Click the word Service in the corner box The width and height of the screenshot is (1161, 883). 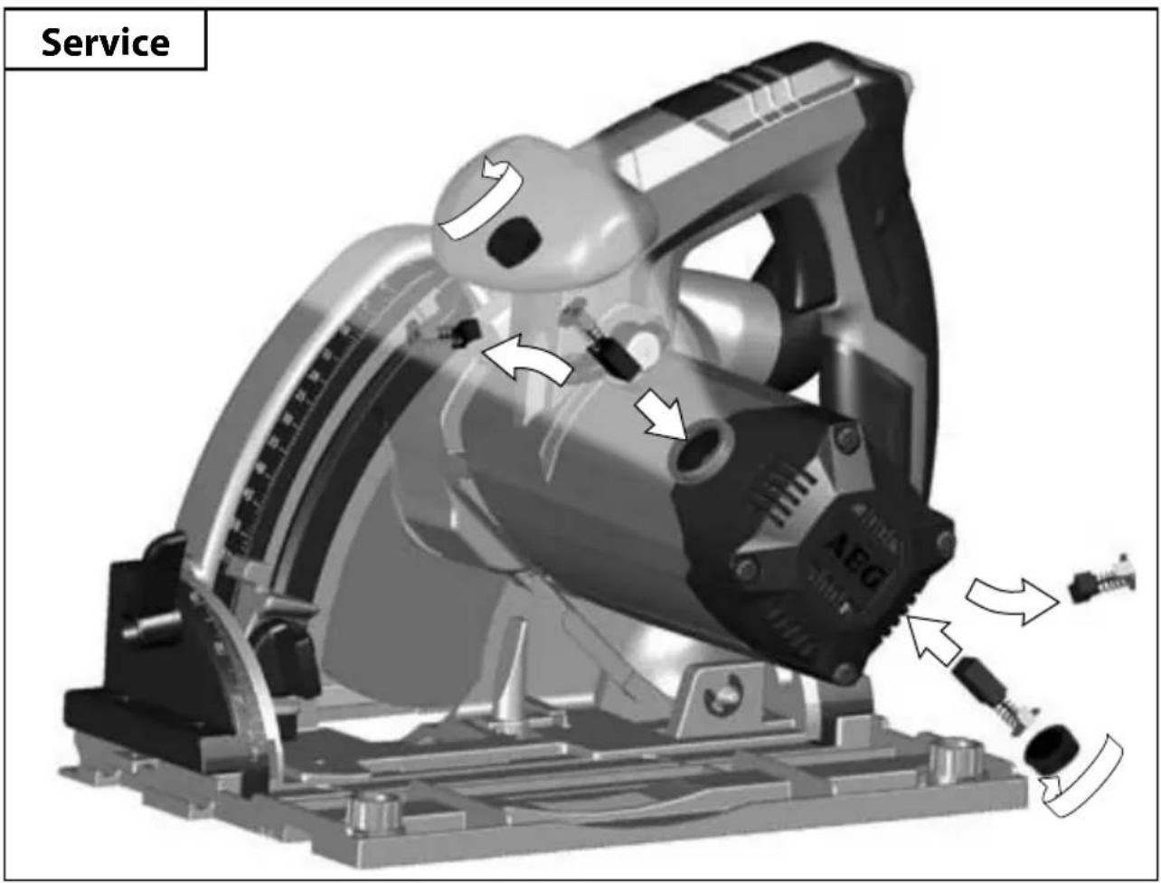(105, 43)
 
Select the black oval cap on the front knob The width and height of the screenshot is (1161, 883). (514, 242)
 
